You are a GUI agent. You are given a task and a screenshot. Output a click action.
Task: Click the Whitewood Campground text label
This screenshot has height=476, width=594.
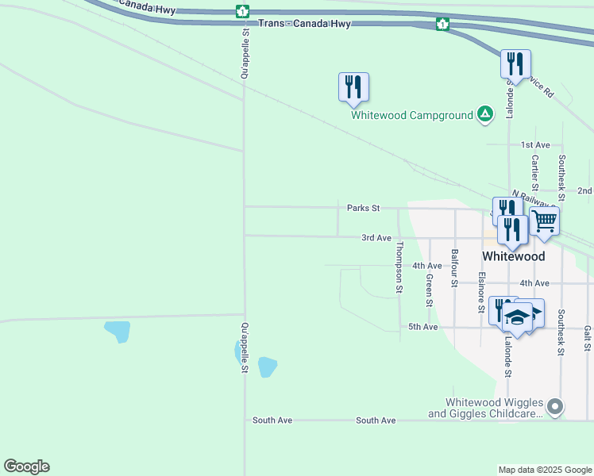click(412, 115)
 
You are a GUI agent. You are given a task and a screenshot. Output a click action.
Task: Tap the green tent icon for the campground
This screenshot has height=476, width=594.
click(484, 114)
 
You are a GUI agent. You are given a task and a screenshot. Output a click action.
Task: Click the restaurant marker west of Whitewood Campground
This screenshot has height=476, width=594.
click(353, 88)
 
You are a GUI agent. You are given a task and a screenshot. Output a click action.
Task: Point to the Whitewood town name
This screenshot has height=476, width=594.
click(514, 256)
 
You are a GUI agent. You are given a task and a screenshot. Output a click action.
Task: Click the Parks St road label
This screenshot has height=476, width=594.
click(364, 208)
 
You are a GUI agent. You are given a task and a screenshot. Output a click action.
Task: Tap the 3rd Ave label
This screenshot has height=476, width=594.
click(376, 237)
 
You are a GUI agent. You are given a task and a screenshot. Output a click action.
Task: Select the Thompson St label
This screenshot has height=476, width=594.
click(399, 267)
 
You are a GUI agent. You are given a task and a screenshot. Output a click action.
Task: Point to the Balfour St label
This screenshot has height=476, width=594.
click(454, 267)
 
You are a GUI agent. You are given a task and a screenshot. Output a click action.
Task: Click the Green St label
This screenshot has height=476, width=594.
click(428, 290)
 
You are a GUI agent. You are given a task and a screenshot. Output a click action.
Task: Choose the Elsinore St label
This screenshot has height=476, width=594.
click(481, 292)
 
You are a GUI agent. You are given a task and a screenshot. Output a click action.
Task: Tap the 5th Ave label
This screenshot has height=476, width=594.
click(423, 327)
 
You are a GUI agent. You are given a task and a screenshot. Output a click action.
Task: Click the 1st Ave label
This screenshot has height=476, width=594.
click(535, 145)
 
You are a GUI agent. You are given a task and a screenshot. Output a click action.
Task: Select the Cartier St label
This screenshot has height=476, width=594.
click(535, 171)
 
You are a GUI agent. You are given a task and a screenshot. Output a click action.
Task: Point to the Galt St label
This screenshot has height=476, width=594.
click(588, 339)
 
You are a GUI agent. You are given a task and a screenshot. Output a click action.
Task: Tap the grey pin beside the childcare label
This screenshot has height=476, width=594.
click(555, 408)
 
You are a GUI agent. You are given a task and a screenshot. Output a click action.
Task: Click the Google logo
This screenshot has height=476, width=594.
click(26, 466)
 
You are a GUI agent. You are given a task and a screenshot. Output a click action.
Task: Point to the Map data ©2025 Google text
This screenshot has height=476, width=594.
click(545, 470)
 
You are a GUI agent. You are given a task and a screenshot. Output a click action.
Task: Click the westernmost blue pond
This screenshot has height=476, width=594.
click(118, 330)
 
